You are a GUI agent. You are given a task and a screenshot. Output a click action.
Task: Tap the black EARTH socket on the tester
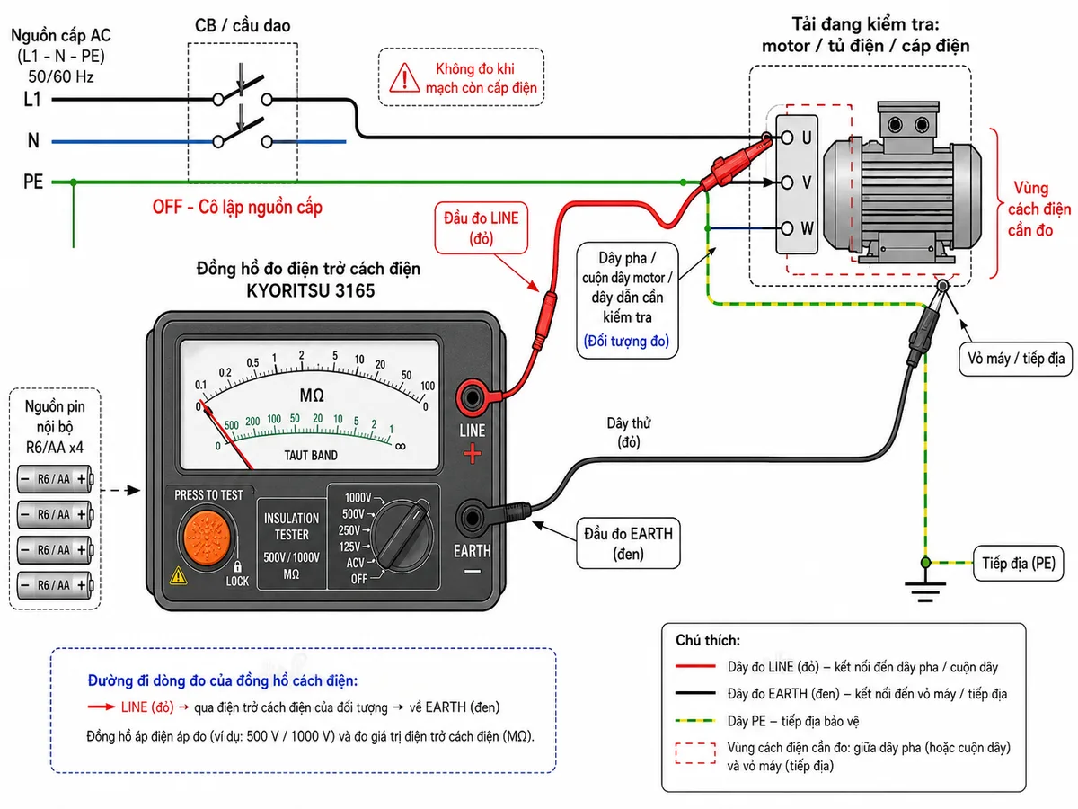(472, 517)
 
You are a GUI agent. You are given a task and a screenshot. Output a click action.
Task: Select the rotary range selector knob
(402, 536)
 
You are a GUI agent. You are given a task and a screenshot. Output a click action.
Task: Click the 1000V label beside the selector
(358, 498)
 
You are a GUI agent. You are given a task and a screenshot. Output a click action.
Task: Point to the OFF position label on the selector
(359, 579)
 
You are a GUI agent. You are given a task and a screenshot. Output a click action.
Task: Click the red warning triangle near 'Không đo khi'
(404, 77)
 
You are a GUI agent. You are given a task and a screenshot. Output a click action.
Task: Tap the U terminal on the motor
(787, 137)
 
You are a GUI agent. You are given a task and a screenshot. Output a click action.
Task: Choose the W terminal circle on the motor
(787, 228)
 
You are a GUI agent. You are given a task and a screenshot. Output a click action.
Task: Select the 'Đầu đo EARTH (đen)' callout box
(628, 543)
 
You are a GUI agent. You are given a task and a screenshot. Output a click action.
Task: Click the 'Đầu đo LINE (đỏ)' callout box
(481, 228)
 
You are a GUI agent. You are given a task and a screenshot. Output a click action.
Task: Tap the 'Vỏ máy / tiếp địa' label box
(1016, 359)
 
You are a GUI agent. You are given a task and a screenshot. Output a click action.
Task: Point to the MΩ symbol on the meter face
(312, 395)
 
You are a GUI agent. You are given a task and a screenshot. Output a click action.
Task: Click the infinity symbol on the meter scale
(401, 446)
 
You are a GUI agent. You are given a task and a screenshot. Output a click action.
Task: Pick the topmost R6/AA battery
(55, 479)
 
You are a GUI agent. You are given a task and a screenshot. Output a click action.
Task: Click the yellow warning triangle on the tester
(178, 575)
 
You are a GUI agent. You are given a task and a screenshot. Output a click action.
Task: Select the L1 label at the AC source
(32, 99)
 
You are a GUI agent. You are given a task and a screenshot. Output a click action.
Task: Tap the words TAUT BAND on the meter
(311, 456)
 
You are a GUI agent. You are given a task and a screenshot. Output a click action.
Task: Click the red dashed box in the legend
(695, 753)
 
